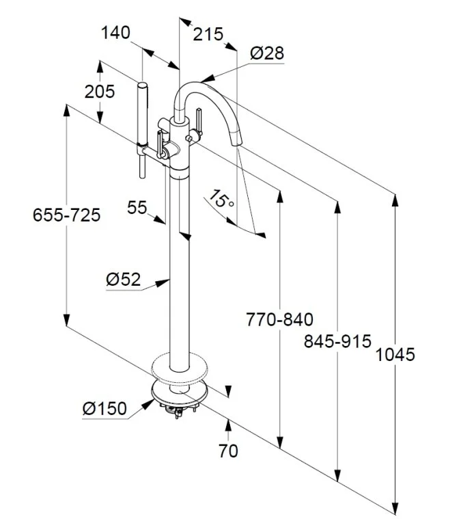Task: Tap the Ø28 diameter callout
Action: click(266, 53)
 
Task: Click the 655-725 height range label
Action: click(66, 215)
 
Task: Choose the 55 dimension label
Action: click(137, 207)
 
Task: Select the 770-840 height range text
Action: click(280, 319)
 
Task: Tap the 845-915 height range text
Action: click(338, 340)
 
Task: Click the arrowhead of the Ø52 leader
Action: click(168, 279)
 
